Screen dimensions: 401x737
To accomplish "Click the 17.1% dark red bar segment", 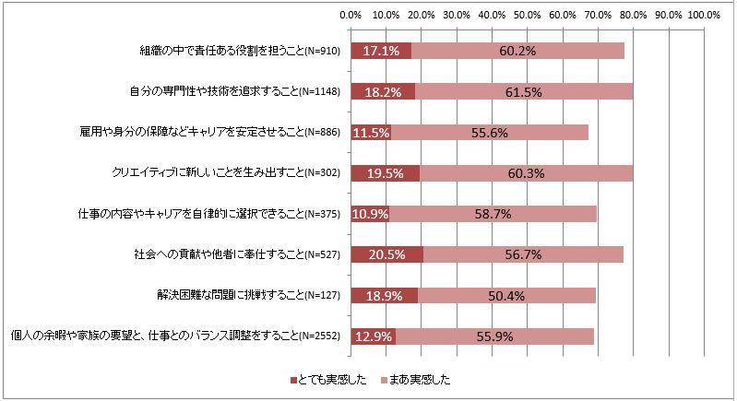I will click(380, 51).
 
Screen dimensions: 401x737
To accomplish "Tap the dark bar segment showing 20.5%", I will click(386, 255).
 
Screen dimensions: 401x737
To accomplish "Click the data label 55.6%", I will click(489, 133).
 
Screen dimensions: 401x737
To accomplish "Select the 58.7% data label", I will click(492, 215).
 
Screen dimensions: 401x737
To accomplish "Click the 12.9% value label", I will click(374, 336).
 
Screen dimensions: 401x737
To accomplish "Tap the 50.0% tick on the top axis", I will click(528, 15).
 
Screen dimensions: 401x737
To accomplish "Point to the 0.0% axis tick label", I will click(351, 15).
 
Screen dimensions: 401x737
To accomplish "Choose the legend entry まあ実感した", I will click(417, 380).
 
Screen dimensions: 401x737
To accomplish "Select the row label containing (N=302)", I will click(226, 173).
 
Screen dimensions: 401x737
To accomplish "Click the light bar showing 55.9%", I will click(494, 336).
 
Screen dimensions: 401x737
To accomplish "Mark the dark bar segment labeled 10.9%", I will click(370, 215).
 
